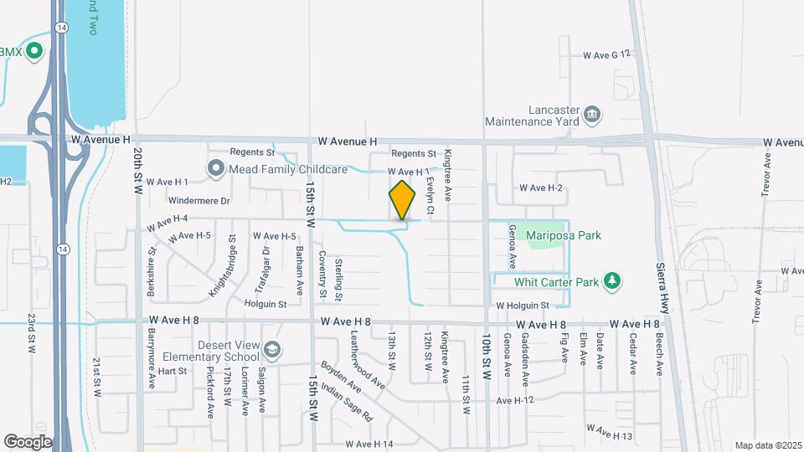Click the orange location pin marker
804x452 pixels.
pyautogui.click(x=402, y=201)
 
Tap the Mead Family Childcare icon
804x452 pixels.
pyautogui.click(x=215, y=169)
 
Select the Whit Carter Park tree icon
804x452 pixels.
pyautogui.click(x=613, y=281)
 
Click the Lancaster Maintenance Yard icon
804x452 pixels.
pyautogui.click(x=592, y=112)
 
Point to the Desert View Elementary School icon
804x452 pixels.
pyautogui.click(x=271, y=348)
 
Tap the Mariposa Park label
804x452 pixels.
pyautogui.click(x=564, y=236)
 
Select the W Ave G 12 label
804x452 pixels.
pyautogui.click(x=606, y=55)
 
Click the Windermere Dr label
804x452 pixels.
pyautogui.click(x=198, y=201)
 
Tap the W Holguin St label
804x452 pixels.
pyautogui.click(x=521, y=306)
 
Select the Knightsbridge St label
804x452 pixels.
pyautogui.click(x=221, y=277)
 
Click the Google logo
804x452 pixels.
pyautogui.click(x=28, y=442)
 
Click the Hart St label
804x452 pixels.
pyautogui.click(x=171, y=371)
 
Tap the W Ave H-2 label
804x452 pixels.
pyautogui.click(x=540, y=188)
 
